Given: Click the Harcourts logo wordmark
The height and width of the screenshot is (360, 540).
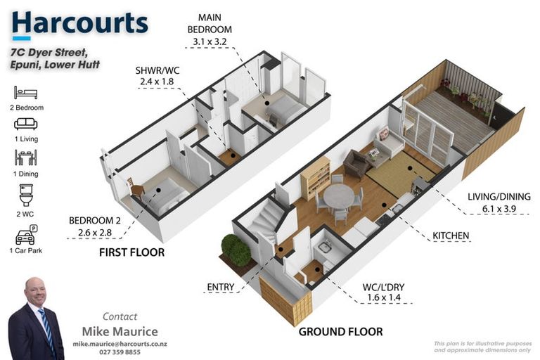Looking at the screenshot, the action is point(80,23).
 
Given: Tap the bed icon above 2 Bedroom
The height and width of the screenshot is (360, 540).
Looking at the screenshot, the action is point(25,93).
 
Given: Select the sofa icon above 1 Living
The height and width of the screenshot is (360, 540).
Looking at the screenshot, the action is point(25,124).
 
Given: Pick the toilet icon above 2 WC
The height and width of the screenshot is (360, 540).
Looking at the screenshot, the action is point(26,195).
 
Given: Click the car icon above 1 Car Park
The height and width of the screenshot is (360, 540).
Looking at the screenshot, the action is point(26,235).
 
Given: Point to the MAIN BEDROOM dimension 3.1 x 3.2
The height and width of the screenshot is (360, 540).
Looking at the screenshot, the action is point(210,41).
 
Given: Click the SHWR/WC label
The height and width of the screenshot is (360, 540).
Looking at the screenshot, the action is point(157,70).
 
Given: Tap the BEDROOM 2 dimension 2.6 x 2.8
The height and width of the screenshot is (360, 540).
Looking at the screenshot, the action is point(95,233).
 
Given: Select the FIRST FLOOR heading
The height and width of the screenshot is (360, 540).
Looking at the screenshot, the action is point(132,252).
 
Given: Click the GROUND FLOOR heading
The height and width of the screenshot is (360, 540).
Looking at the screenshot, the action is point(340,331).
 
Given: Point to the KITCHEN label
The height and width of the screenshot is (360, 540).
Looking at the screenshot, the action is point(451,236).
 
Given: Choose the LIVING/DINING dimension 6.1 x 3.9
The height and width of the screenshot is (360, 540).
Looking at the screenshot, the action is point(499,208).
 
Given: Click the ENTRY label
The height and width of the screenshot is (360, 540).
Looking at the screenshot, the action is point(220,287).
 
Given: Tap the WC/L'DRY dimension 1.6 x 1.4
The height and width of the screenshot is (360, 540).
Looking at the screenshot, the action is point(384,297).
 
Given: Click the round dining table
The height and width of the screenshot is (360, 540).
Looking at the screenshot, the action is point(338,196).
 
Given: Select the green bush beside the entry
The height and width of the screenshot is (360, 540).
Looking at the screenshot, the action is point(236,250).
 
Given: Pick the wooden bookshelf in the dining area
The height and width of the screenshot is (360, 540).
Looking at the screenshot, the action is point(316,179).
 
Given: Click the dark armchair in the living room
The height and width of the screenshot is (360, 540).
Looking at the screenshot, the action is point(356,164).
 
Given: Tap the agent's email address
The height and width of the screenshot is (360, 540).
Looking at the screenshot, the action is point(120,344).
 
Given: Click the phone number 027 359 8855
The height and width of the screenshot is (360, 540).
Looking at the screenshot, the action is point(120,352).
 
